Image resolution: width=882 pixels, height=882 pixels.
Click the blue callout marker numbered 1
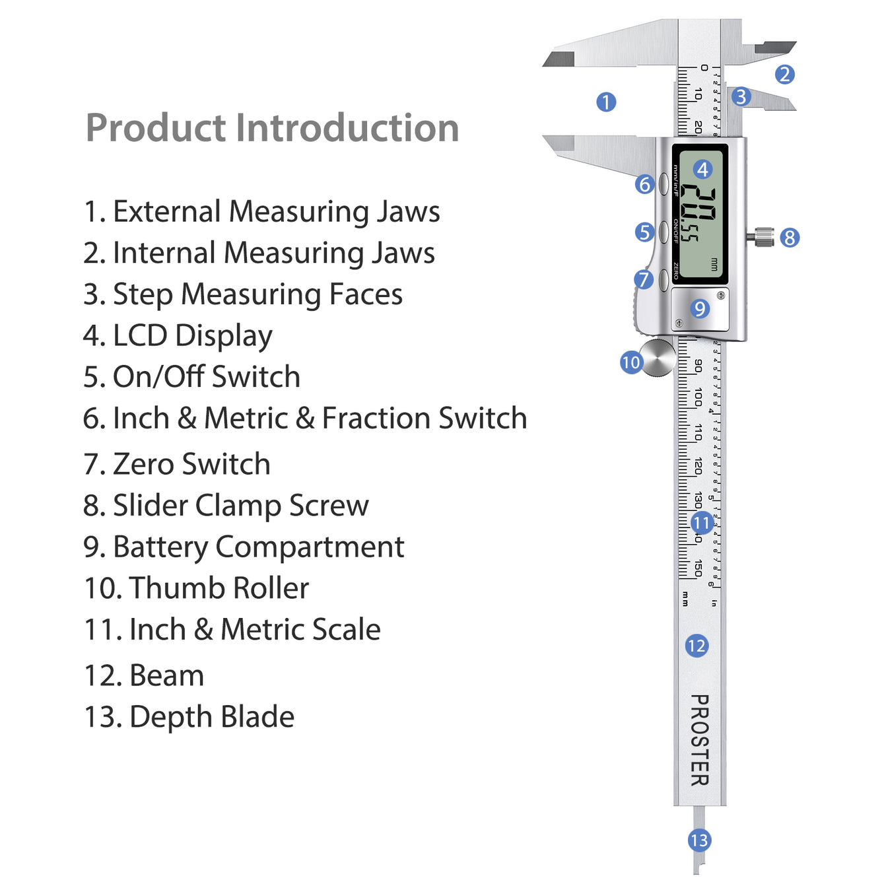606,102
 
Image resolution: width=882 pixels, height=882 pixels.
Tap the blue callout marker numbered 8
790,238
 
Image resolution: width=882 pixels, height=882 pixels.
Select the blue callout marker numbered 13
699,840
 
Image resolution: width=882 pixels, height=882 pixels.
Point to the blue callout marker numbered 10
631,362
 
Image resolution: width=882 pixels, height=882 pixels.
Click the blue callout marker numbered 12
697,646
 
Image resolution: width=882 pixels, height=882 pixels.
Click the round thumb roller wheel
658,357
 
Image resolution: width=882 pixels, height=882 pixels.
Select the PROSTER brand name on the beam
699,740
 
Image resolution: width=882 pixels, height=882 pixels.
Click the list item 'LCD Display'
178,336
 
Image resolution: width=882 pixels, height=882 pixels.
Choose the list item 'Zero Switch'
177,464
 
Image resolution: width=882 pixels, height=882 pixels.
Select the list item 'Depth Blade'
189,717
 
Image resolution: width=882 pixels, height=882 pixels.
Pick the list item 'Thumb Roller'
196,588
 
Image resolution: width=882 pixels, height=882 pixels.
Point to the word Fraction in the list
376,419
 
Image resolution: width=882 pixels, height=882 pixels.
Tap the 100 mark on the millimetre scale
698,398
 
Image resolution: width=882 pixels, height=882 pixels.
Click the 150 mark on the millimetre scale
698,568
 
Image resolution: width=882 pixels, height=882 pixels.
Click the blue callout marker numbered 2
784,75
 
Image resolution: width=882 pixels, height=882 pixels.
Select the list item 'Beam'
144,676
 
